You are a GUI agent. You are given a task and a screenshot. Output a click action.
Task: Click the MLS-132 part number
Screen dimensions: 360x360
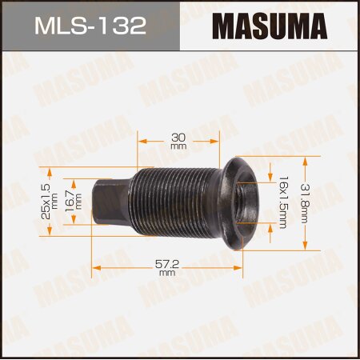coord(89,26)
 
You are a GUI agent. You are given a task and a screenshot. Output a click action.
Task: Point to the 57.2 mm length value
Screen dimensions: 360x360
coord(167,267)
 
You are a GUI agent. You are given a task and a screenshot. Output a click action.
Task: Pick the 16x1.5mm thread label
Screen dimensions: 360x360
coord(283,203)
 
